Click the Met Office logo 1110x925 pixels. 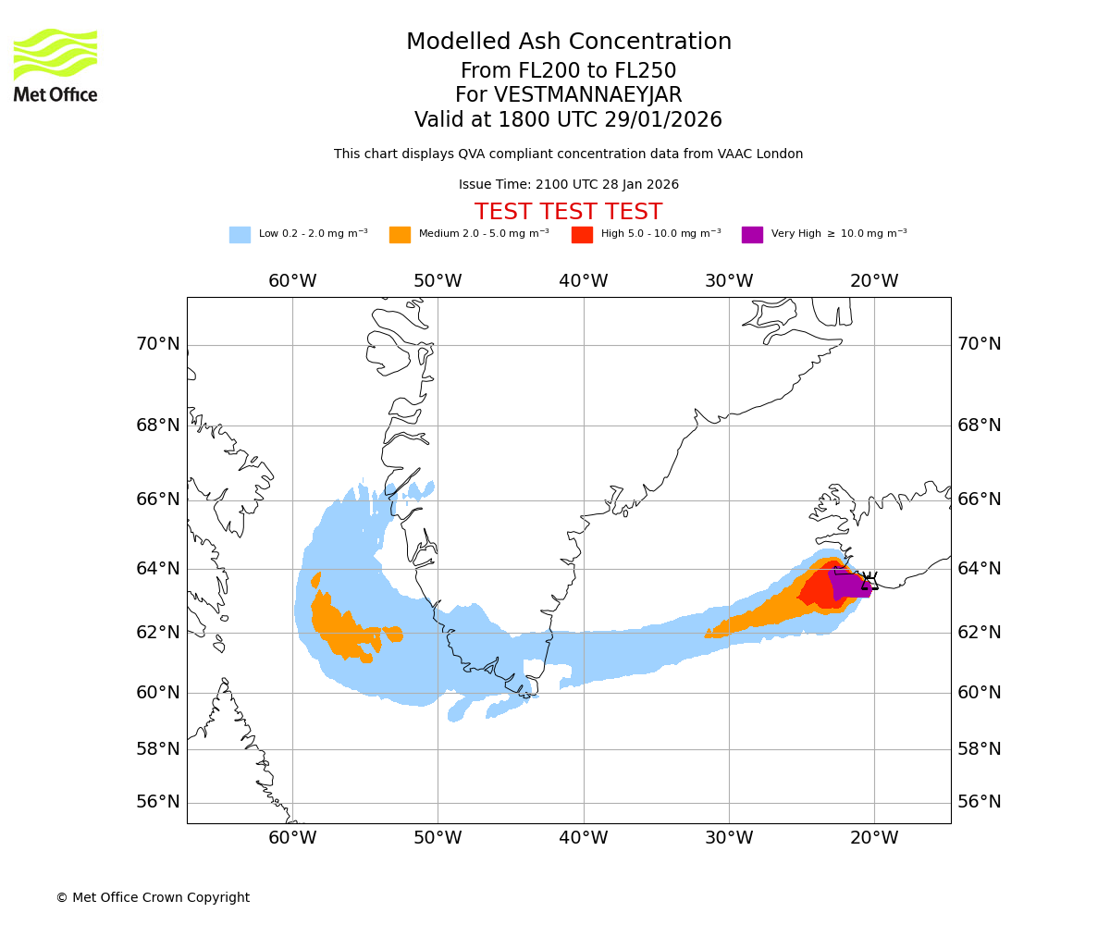coord(55,65)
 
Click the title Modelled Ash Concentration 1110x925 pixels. coord(568,42)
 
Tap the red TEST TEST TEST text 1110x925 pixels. coord(568,212)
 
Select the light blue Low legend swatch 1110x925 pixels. coord(240,235)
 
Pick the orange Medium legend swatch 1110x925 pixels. coord(400,235)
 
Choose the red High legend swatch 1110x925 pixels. coord(582,235)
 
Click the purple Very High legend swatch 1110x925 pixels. coord(752,235)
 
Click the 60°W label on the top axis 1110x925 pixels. coord(292,281)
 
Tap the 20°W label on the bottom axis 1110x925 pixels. coord(874,838)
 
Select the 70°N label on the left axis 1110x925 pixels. coord(158,344)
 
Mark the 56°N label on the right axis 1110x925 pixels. coord(980,802)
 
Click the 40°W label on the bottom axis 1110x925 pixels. coord(584,838)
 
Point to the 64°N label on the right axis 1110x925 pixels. coord(980,568)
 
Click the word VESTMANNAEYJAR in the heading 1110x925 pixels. coord(588,95)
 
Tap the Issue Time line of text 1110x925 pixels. coord(568,185)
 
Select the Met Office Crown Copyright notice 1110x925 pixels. coord(153,897)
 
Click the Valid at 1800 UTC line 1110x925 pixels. coord(568,120)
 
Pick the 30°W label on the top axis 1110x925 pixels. coord(729,281)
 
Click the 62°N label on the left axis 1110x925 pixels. coord(158,633)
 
